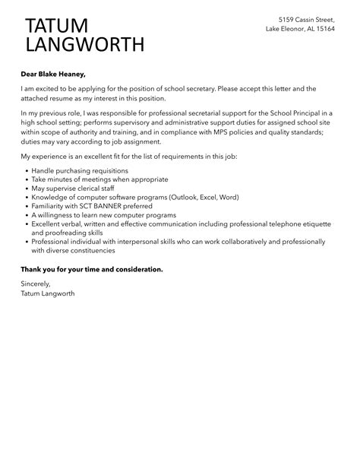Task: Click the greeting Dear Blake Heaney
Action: point(54,74)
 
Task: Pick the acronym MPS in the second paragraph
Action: point(216,132)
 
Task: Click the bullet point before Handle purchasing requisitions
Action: point(26,172)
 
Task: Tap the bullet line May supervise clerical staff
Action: point(72,189)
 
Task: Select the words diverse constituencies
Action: point(86,250)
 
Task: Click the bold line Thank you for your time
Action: point(92,269)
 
